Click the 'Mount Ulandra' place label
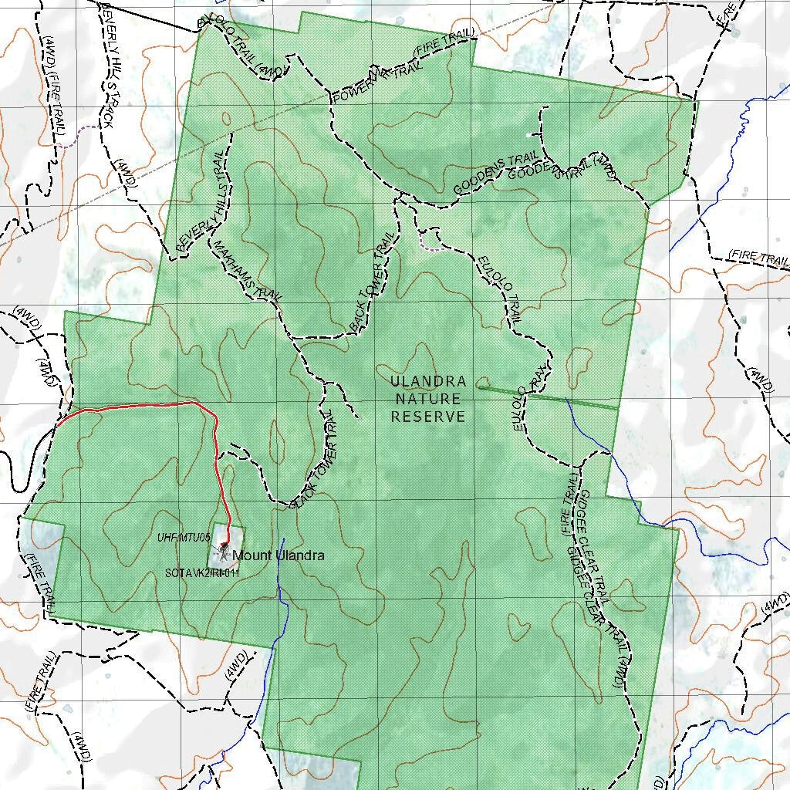279,555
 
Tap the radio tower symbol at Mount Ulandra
223,552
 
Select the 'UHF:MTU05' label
184,537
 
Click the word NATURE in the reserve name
428,399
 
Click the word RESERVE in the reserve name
428,417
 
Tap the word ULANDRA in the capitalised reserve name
428,381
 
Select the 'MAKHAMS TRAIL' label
246,272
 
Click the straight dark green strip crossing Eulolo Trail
548,397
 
